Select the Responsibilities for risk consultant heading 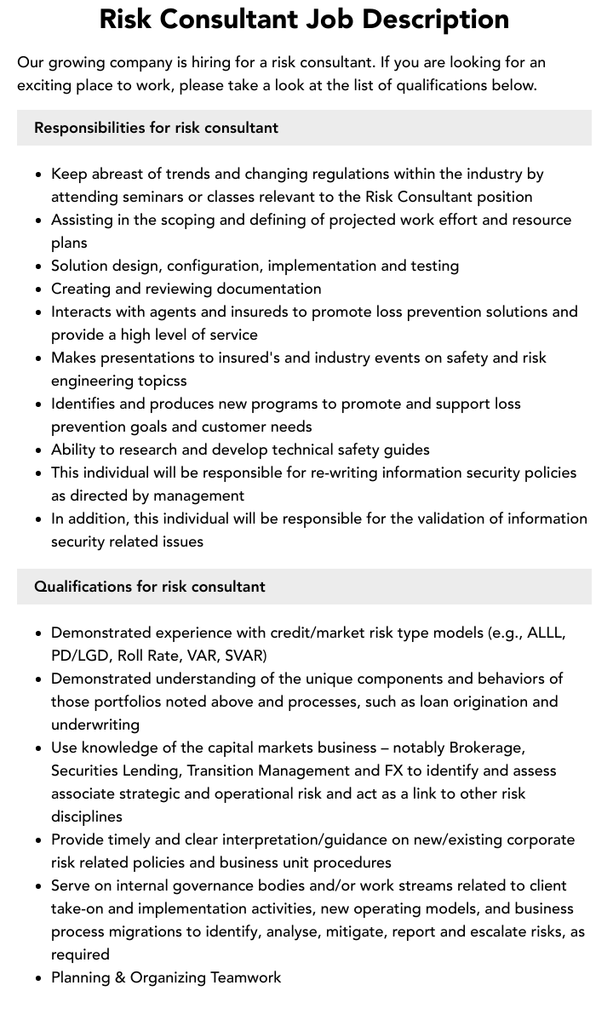[x=156, y=128]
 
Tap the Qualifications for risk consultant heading [x=150, y=587]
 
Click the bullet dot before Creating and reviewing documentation [x=38, y=289]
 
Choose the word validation [x=440, y=518]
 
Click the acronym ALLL [x=546, y=633]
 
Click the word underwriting [x=95, y=725]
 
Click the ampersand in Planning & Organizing [x=120, y=977]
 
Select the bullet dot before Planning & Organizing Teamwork [x=38, y=978]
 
